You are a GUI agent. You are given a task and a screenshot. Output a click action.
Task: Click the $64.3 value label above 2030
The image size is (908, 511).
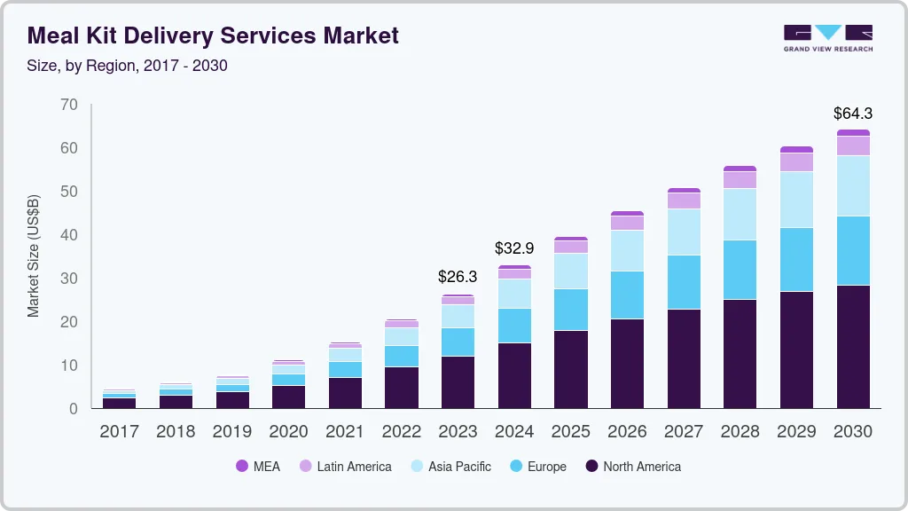pyautogui.click(x=852, y=114)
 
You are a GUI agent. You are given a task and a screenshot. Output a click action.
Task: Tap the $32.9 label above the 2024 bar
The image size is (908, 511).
pyautogui.click(x=514, y=248)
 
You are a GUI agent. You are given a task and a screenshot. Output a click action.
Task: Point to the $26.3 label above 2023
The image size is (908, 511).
pyautogui.click(x=458, y=277)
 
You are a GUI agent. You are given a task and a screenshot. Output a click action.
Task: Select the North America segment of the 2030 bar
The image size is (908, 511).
pyautogui.click(x=852, y=346)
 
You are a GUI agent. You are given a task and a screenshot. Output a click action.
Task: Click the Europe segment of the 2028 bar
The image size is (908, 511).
pyautogui.click(x=740, y=270)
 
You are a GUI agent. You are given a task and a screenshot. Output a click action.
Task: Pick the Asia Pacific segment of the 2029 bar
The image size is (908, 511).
pyautogui.click(x=796, y=200)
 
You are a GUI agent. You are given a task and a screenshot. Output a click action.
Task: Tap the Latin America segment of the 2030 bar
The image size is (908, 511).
pyautogui.click(x=852, y=145)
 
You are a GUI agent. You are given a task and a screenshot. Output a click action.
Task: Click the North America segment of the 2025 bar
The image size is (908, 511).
pyautogui.click(x=571, y=369)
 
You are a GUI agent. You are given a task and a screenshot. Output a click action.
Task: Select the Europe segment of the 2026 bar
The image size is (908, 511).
pyautogui.click(x=627, y=295)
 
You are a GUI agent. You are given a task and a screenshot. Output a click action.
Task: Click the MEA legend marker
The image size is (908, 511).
pyautogui.click(x=242, y=466)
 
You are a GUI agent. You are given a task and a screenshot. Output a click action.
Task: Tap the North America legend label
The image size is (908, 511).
pyautogui.click(x=642, y=466)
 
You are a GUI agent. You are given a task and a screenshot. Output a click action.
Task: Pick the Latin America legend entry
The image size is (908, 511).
pyautogui.click(x=354, y=466)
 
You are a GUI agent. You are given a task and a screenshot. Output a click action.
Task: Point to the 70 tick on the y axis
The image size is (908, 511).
pyautogui.click(x=69, y=106)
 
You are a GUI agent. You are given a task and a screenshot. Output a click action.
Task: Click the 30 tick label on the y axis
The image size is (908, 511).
pyautogui.click(x=69, y=279)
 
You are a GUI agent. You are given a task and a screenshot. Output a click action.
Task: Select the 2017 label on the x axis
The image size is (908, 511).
pyautogui.click(x=119, y=432)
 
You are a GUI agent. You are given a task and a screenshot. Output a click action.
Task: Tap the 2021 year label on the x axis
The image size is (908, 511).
pyautogui.click(x=345, y=432)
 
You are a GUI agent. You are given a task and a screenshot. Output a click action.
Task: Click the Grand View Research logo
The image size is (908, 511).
pyautogui.click(x=828, y=37)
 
